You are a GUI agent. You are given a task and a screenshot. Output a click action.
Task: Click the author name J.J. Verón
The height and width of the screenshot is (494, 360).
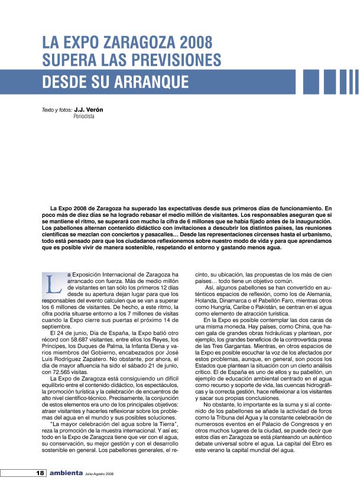tap(89, 110)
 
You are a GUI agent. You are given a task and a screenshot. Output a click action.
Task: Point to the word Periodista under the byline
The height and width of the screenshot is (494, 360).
tap(83, 116)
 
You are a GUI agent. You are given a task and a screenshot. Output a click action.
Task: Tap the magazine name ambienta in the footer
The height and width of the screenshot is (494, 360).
tap(66, 473)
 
